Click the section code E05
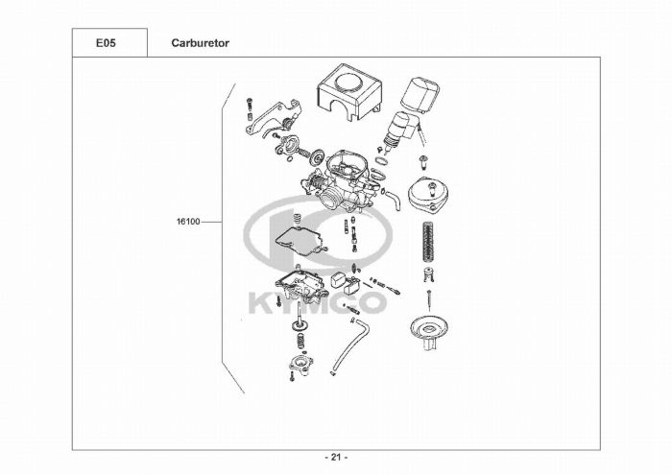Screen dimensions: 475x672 pyautogui.click(x=109, y=43)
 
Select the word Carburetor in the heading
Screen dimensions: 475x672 pyautogui.click(x=200, y=43)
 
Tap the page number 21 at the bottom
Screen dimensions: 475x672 pyautogui.click(x=336, y=456)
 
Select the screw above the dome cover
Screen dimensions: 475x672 pyautogui.click(x=425, y=158)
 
